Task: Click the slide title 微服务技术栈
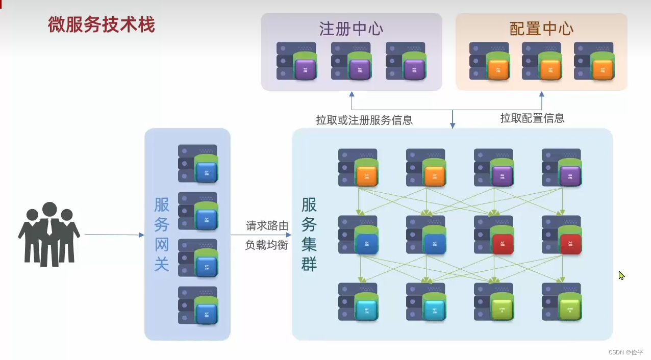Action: click(101, 24)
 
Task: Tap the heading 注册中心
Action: click(351, 29)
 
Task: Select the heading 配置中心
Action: click(541, 29)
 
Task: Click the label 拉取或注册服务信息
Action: click(364, 120)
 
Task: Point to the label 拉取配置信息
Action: click(532, 118)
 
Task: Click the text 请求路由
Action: click(267, 226)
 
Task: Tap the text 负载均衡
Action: click(267, 245)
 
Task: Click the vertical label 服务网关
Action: click(162, 234)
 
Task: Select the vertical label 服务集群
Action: click(309, 234)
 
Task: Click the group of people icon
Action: click(49, 235)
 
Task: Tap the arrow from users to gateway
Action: click(114, 235)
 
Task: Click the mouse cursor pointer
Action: click(621, 275)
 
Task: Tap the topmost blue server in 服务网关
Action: click(198, 164)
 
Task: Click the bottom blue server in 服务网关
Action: click(198, 305)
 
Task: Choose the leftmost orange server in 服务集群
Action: click(358, 168)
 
